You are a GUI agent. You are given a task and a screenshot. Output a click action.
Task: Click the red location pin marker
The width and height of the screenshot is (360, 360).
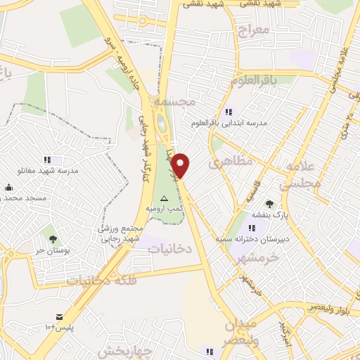pos(181,166)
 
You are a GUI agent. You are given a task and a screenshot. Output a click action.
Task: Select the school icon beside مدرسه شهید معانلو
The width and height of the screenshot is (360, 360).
pos(47,160)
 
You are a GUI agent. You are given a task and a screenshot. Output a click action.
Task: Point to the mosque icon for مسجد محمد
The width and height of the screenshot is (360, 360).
pos(8,187)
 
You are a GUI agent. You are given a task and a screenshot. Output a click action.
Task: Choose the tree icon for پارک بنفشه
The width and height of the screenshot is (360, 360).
pos(270,205)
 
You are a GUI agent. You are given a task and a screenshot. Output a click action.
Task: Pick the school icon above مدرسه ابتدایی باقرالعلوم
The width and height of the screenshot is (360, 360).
pos(229,112)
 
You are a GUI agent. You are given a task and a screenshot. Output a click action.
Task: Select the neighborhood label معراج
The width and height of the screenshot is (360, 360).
pos(254,31)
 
